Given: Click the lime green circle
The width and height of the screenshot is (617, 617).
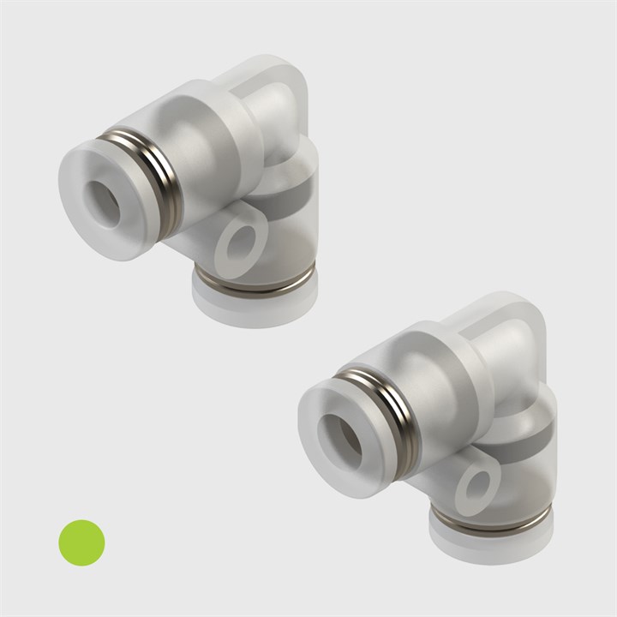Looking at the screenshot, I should coord(81,542).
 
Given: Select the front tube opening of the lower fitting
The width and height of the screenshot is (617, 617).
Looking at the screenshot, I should coord(345,440).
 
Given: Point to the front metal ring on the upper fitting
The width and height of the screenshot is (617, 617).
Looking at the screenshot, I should coord(159,180).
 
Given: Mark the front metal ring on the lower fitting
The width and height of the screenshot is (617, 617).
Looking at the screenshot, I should coord(396,416).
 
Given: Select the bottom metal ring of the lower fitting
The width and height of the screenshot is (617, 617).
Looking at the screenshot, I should coord(490,520).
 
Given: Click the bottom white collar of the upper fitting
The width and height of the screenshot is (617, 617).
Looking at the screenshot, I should coord(255,307).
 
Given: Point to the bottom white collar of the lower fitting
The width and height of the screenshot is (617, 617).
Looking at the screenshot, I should coord(491,544).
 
